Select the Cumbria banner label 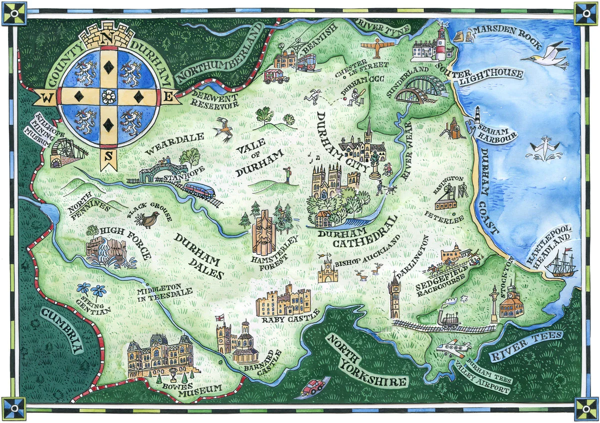point(61,330)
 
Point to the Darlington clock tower point(394,297)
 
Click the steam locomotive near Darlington point(448,318)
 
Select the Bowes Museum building point(159,355)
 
